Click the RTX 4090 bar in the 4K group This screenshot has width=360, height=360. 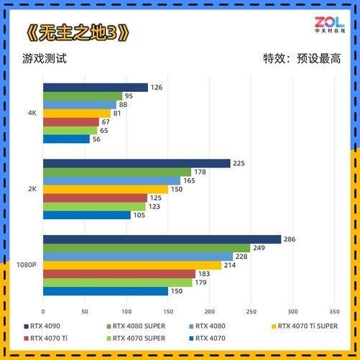[96, 88]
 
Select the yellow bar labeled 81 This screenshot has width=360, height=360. [77, 114]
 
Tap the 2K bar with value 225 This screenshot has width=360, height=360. [137, 163]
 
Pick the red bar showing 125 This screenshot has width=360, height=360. [95, 198]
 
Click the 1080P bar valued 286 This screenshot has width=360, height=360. [162, 239]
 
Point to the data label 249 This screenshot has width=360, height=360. [259, 248]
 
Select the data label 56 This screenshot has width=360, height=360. [96, 139]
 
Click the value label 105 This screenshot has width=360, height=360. [139, 215]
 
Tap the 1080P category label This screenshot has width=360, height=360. [27, 265]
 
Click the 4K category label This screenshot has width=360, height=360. [32, 113]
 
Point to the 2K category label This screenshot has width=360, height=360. [32, 189]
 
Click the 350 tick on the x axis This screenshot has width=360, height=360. [334, 312]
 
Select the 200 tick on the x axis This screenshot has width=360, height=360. [210, 312]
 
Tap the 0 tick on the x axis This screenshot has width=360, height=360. [43, 312]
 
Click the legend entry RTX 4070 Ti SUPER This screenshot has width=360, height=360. [305, 326]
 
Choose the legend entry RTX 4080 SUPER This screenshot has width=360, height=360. [136, 326]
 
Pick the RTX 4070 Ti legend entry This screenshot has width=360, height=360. [46, 338]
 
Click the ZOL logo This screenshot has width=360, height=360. [330, 24]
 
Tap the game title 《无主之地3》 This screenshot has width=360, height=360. [78, 32]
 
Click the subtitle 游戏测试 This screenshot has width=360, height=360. [45, 58]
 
